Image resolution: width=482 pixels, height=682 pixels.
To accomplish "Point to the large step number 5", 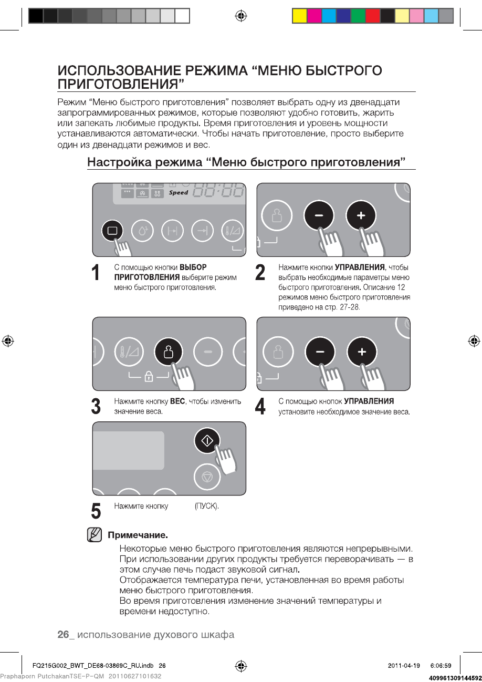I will pyautogui.click(x=96, y=511).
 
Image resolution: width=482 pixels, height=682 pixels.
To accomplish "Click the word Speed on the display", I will pyautogui.click(x=179, y=193).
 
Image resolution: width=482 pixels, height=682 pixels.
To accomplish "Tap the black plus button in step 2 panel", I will pyautogui.click(x=361, y=215).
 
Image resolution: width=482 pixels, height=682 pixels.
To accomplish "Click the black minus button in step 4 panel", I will pyautogui.click(x=320, y=352).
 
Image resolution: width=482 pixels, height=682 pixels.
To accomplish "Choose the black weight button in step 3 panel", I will pyautogui.click(x=168, y=352).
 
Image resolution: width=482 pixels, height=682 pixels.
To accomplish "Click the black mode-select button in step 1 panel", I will pyautogui.click(x=112, y=230).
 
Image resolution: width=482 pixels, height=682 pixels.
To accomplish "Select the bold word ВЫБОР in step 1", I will pyautogui.click(x=193, y=267).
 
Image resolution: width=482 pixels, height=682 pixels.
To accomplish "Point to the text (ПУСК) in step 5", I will pyautogui.click(x=206, y=506).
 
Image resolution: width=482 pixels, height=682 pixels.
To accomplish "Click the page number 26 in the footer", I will pyautogui.click(x=63, y=635).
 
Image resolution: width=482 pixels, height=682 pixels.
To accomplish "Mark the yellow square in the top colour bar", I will pyautogui.click(x=299, y=16).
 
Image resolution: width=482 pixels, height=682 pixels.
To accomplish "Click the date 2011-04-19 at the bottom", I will pyautogui.click(x=404, y=666).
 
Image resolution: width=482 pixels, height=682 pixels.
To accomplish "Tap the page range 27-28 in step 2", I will pyautogui.click(x=350, y=307).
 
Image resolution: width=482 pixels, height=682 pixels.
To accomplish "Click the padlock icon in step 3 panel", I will pyautogui.click(x=149, y=376).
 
